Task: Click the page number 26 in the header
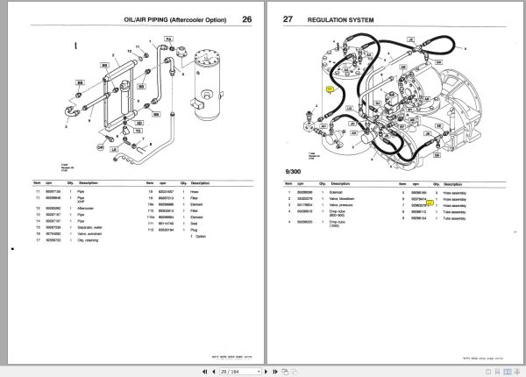click(x=246, y=19)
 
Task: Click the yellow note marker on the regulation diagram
click(x=330, y=89)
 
